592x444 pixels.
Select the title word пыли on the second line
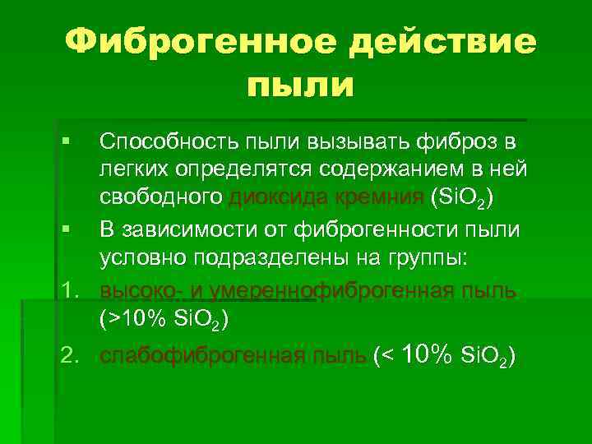point(298,86)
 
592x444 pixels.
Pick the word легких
point(132,169)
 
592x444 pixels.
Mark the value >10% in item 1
point(127,319)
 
